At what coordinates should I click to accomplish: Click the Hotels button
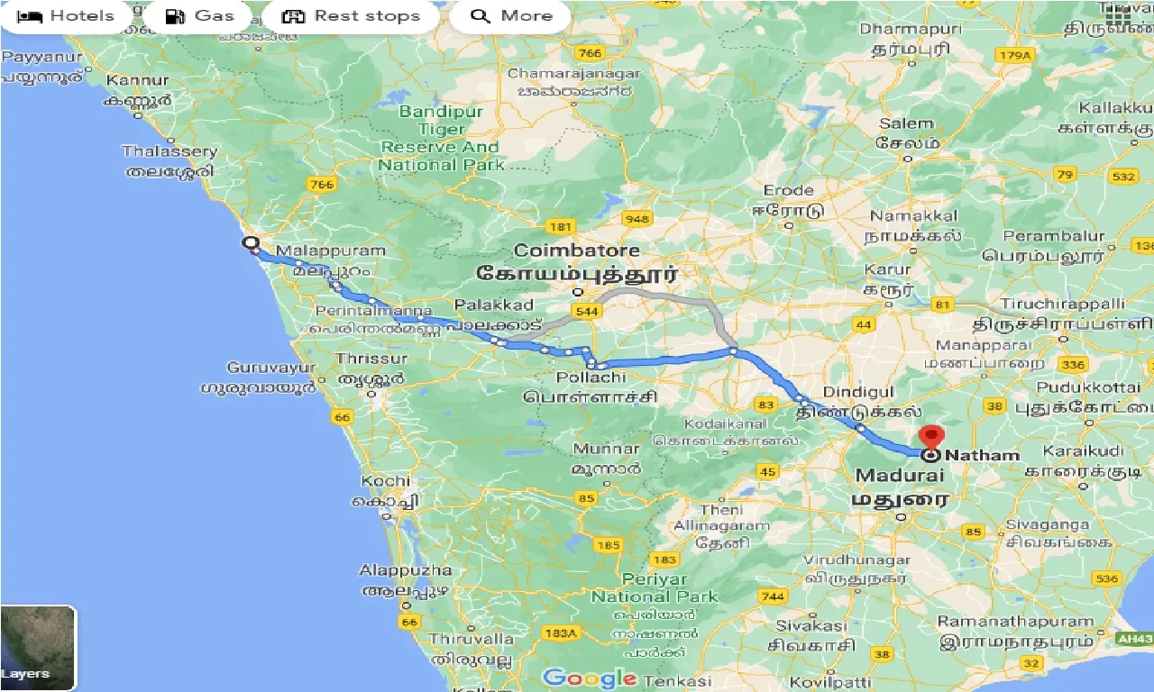(67, 16)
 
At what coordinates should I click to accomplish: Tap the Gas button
(200, 16)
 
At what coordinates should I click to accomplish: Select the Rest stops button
(351, 16)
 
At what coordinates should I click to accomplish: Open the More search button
(510, 16)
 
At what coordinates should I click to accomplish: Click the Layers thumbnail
(38, 647)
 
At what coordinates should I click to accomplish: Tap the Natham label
(982, 455)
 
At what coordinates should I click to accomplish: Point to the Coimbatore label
(577, 250)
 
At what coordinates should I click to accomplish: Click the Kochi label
(386, 481)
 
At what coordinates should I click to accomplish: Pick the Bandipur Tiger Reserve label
(441, 138)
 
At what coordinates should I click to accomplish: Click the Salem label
(906, 123)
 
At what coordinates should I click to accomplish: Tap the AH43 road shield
(1135, 638)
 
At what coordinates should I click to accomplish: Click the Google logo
(590, 678)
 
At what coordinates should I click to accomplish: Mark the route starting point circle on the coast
(250, 243)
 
